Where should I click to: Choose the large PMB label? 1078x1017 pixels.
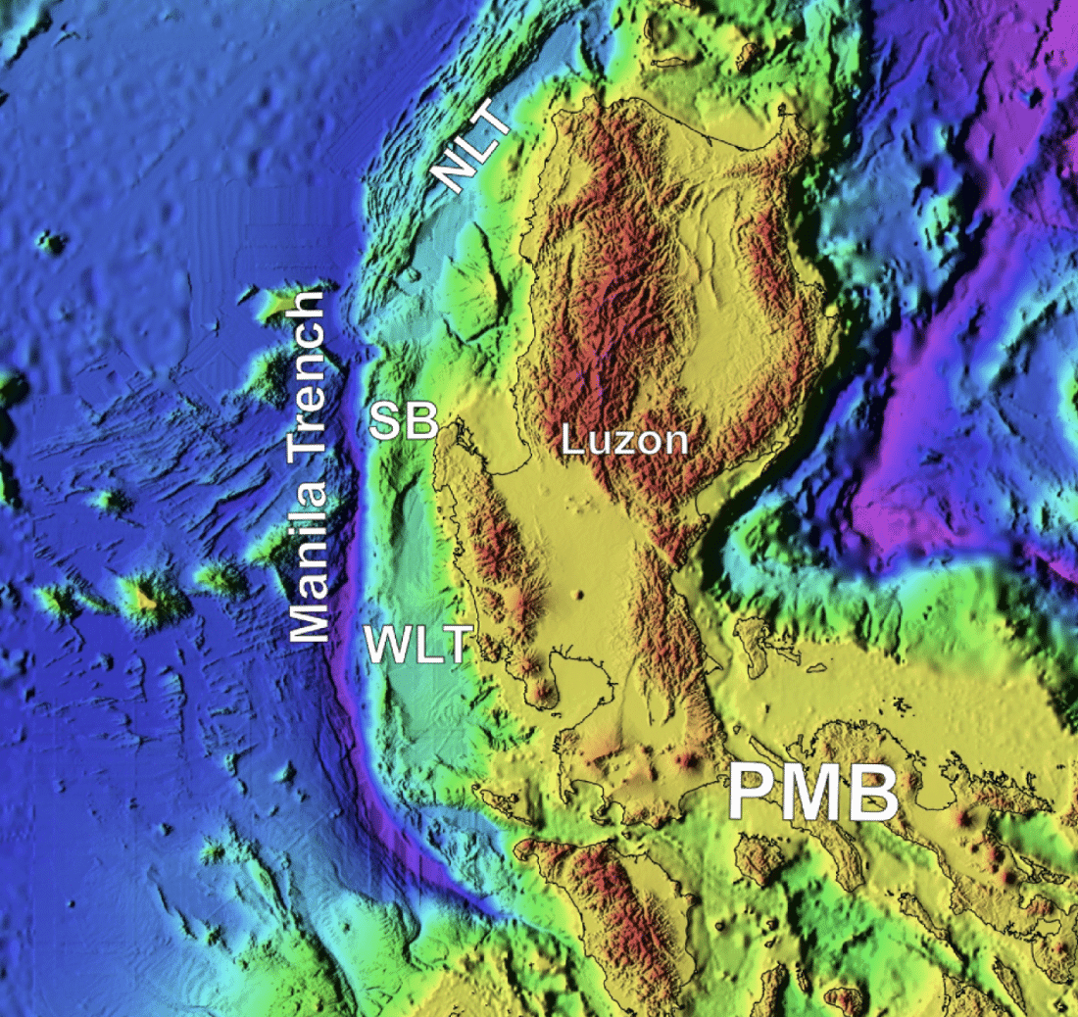(x=812, y=795)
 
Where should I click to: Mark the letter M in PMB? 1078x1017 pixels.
(x=812, y=795)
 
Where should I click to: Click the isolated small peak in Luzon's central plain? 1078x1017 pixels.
(x=579, y=595)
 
